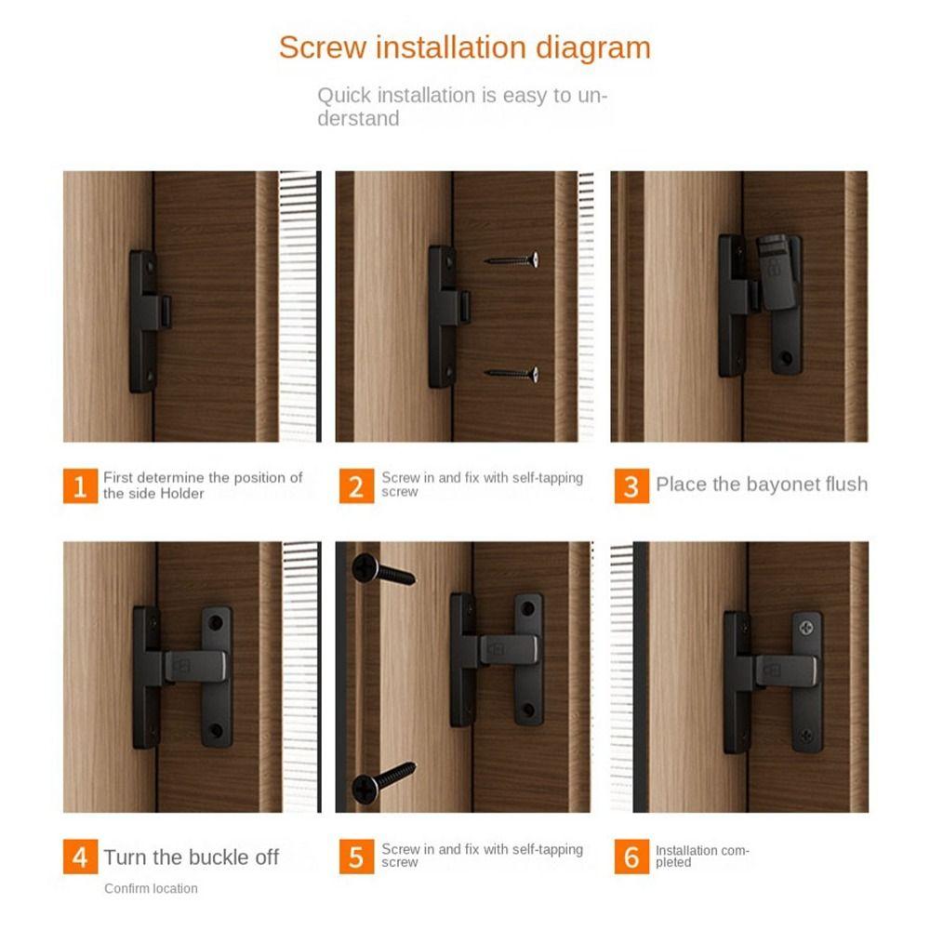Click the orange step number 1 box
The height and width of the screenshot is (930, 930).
[80, 485]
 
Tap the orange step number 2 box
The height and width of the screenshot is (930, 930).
[356, 485]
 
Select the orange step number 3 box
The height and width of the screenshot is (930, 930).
[631, 485]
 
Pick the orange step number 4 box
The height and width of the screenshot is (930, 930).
[80, 857]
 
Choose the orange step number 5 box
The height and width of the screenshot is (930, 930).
[356, 857]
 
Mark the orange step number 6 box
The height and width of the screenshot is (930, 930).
[631, 857]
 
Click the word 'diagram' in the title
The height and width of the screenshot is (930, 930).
[592, 47]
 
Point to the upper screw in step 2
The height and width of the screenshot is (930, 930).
[512, 260]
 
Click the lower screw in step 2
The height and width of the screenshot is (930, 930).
[512, 374]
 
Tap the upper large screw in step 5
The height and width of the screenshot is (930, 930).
[382, 570]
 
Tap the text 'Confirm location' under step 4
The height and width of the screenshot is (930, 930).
[151, 889]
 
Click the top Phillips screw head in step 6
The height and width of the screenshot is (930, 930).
[806, 628]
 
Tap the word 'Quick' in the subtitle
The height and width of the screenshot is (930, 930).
[344, 96]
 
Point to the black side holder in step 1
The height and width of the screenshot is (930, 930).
[145, 321]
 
